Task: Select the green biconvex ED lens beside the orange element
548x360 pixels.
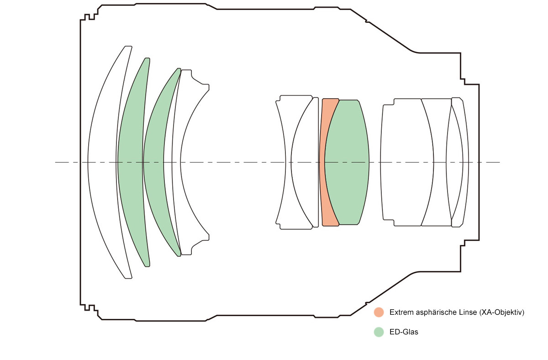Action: click(x=347, y=162)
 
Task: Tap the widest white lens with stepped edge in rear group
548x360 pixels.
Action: click(x=406, y=162)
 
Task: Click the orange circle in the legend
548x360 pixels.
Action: click(x=379, y=312)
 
